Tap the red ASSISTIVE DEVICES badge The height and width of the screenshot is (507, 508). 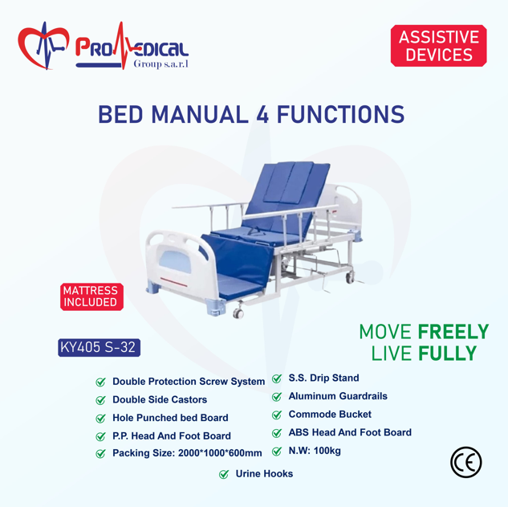(439, 46)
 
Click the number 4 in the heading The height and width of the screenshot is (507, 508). (262, 115)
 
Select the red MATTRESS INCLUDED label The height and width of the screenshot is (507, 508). (91, 296)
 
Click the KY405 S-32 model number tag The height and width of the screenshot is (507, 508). (100, 347)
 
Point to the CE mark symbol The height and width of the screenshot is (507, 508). (466, 462)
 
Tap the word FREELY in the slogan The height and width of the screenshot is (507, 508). (453, 332)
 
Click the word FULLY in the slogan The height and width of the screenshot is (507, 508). (447, 354)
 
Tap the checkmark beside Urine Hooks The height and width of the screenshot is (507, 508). (224, 474)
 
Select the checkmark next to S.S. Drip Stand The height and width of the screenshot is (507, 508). (277, 378)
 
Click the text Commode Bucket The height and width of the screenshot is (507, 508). (330, 415)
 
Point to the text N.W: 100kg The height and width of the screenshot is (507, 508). (315, 451)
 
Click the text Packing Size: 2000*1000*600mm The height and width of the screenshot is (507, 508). (187, 453)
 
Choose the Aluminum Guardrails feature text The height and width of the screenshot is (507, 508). (338, 396)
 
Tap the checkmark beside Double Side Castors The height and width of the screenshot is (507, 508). (101, 400)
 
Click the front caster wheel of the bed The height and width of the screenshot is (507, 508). (238, 313)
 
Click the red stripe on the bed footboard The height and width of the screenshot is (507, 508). (173, 282)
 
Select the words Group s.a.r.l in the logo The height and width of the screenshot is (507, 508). (161, 64)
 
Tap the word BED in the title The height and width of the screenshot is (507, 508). (120, 115)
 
